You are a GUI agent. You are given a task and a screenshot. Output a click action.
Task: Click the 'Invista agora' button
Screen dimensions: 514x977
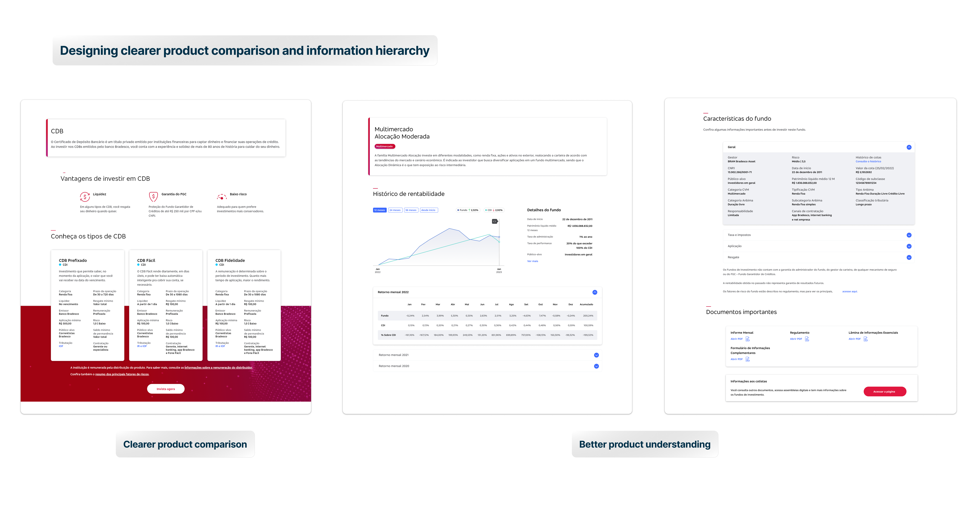click(x=166, y=389)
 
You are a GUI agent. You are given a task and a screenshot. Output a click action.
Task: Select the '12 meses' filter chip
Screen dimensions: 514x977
click(x=379, y=210)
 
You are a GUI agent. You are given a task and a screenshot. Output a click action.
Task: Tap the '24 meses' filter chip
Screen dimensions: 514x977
click(x=395, y=210)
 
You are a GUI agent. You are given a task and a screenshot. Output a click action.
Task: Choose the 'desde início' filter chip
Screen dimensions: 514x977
click(x=428, y=210)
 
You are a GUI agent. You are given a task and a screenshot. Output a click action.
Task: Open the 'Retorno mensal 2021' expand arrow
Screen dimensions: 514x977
click(x=596, y=355)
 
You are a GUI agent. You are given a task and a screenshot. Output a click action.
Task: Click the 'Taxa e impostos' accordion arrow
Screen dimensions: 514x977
click(x=909, y=235)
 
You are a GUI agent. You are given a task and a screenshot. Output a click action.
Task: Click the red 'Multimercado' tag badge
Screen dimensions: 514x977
click(x=385, y=147)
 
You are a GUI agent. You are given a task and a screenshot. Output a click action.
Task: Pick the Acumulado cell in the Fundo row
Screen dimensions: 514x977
click(x=588, y=316)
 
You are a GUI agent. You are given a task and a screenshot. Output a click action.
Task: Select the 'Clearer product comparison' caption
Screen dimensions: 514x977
click(x=185, y=444)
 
